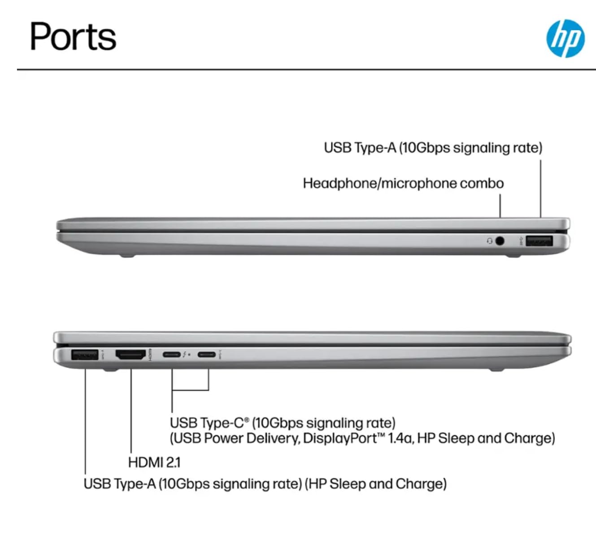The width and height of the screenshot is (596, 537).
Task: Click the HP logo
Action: pyautogui.click(x=565, y=39)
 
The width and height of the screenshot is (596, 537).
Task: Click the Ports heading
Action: pyautogui.click(x=73, y=37)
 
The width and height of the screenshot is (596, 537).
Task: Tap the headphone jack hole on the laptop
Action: pyautogui.click(x=499, y=241)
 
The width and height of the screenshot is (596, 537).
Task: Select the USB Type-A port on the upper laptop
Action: pyautogui.click(x=539, y=241)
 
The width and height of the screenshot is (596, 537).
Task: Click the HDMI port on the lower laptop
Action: pyautogui.click(x=131, y=355)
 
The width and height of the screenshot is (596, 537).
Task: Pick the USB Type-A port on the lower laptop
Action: pyautogui.click(x=85, y=355)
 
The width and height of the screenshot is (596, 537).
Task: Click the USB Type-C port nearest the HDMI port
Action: pyautogui.click(x=171, y=355)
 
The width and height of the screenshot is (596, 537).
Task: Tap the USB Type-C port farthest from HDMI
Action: pyautogui.click(x=206, y=355)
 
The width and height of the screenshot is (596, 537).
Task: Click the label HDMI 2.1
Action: pyautogui.click(x=154, y=462)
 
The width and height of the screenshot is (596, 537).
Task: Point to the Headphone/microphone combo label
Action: pyautogui.click(x=403, y=183)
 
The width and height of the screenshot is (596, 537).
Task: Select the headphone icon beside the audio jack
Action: pyautogui.click(x=490, y=241)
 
